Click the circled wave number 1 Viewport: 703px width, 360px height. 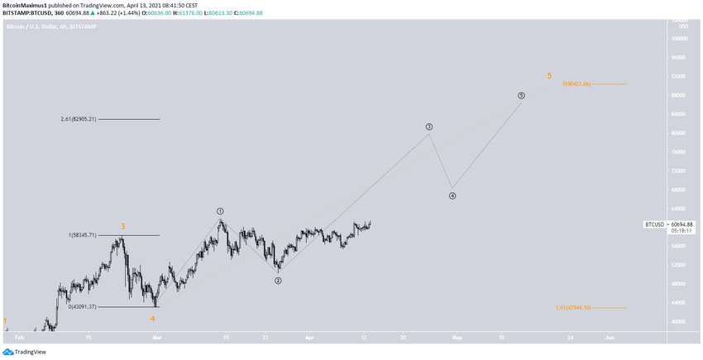[221, 211]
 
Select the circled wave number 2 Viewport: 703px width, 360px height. [279, 281]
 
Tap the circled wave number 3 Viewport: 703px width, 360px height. [429, 127]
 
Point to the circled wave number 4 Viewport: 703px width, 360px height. [452, 196]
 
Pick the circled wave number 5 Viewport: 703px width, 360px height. [521, 95]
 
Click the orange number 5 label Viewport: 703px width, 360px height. [549, 76]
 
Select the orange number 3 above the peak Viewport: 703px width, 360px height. [123, 226]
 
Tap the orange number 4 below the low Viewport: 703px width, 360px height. [153, 319]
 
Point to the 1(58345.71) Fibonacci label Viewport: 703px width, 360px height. [83, 236]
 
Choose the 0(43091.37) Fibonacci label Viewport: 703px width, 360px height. [83, 307]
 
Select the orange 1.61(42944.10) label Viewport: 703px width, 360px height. [573, 308]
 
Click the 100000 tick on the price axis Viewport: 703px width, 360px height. [680, 38]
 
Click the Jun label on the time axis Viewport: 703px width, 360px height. [610, 338]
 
